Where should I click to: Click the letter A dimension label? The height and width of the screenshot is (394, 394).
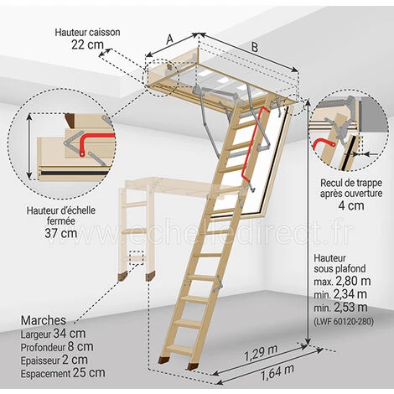pos(169,39)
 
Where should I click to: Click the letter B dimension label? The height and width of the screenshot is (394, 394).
pos(255,48)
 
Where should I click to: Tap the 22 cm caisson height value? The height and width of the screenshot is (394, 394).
pos(87,44)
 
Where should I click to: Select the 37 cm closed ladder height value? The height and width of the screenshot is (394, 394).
pos(61,233)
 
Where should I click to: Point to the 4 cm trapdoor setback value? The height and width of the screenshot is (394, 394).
pos(351,205)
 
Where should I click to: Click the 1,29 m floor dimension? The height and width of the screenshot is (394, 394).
pos(261,353)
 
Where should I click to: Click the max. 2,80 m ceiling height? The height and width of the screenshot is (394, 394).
pos(342,281)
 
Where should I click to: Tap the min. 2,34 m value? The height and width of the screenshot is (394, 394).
pos(340,294)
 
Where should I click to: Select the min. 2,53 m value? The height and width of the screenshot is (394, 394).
pos(340,308)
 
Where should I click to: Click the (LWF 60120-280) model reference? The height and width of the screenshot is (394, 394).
pos(344,322)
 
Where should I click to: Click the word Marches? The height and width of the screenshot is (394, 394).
pos(44,320)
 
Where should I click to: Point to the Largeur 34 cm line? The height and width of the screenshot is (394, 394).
pos(53,334)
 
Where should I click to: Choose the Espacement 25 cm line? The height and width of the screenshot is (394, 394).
pos(63,373)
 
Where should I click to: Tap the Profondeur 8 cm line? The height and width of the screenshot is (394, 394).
pos(57,347)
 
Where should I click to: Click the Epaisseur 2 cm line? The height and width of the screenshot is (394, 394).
pos(54,360)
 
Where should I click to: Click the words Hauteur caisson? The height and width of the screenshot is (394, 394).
pos(87,33)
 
